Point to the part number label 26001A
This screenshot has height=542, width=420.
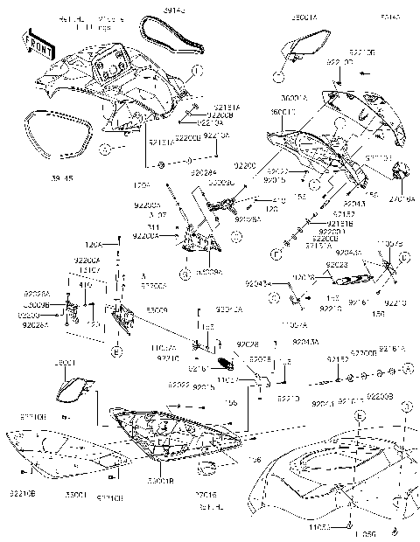pos(304,17)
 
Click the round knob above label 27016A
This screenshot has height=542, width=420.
pos(402,170)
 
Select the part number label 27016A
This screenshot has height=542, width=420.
pos(402,198)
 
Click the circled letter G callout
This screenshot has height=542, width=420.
pos(185,274)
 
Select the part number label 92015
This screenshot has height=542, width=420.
pos(276,180)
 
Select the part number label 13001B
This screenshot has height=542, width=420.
pos(158,482)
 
